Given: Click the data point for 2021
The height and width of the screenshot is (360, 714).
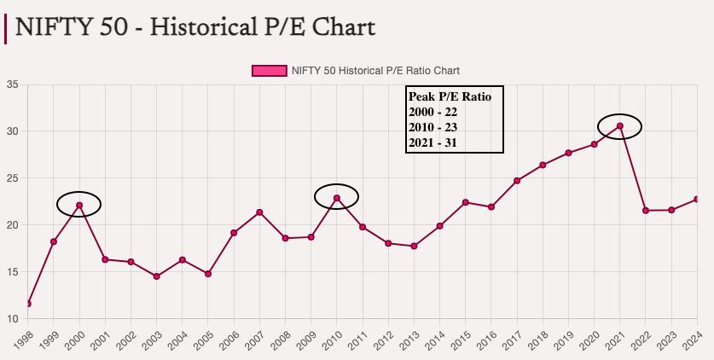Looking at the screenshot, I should (x=620, y=126).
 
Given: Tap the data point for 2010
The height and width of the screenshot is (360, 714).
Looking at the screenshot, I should (x=337, y=198).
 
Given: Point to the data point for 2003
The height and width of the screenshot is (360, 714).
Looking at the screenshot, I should (x=157, y=276).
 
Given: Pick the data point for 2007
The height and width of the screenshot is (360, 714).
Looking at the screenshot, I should (x=259, y=212).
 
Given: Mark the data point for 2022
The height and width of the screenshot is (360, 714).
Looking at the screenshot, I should (x=646, y=210).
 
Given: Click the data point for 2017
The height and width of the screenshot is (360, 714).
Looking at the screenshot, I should (x=517, y=181).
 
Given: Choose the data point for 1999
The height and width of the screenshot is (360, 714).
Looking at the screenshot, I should (x=54, y=241).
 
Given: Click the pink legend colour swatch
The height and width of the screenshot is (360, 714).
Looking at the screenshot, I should (x=269, y=70).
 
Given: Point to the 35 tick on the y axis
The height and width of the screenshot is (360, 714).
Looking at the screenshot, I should (x=13, y=84).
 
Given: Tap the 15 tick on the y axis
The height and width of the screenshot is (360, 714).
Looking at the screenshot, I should (x=13, y=272).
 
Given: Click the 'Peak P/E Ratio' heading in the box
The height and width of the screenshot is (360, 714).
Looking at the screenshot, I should (x=450, y=96).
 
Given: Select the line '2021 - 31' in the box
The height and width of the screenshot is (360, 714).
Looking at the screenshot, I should (x=433, y=142).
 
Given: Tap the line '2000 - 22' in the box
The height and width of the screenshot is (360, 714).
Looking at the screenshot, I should (x=433, y=112).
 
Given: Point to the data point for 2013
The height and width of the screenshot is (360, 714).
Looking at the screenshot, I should (x=414, y=246).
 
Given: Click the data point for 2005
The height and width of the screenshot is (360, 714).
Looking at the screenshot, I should (x=208, y=274).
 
